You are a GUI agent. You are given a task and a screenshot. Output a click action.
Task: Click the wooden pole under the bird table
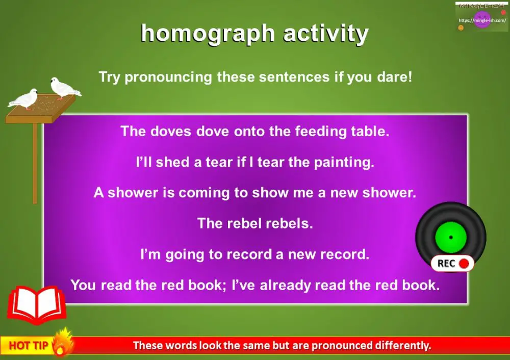35,163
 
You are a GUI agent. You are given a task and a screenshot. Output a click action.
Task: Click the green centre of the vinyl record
451,237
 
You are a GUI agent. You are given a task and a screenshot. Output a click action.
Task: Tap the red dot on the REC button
464,264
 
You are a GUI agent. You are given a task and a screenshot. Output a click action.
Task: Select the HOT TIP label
29,346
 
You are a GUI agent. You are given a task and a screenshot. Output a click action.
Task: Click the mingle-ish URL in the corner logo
482,21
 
